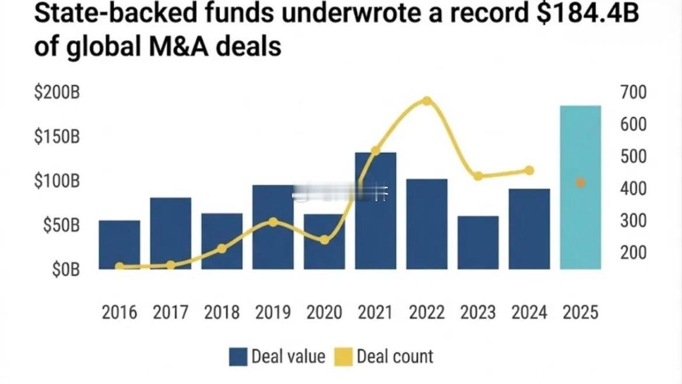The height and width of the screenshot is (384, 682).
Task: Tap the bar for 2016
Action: (119, 245)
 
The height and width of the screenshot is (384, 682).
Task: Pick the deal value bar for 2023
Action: (478, 242)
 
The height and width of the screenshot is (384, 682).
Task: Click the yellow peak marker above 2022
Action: (427, 101)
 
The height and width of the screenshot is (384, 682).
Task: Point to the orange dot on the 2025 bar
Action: (580, 183)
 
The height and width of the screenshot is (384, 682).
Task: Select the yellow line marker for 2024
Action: (529, 171)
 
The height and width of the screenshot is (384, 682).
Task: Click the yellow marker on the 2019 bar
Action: (273, 222)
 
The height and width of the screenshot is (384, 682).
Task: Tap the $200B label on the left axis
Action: (57, 94)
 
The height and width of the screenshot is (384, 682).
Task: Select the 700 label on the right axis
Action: (634, 92)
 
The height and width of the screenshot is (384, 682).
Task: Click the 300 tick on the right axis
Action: (634, 221)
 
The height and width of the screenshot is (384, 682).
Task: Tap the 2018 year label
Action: (222, 313)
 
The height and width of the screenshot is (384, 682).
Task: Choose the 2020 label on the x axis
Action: (324, 313)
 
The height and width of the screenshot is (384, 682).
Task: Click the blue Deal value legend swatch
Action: (238, 357)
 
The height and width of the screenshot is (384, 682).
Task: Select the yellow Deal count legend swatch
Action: (343, 357)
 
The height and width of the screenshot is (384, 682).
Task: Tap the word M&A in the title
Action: (175, 47)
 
